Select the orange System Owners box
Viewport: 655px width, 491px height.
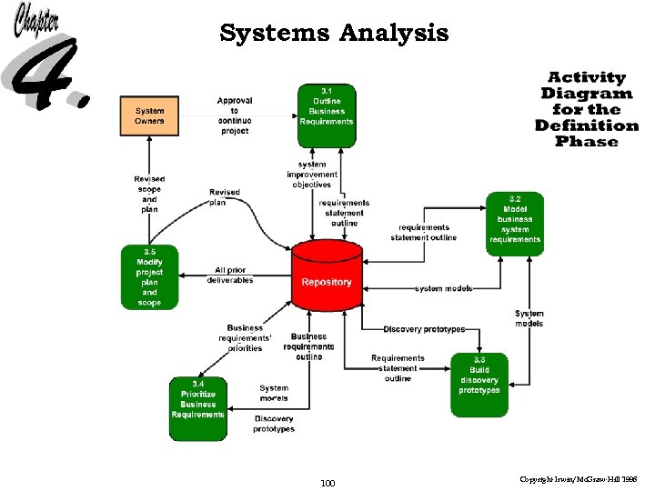pyautogui.click(x=150, y=115)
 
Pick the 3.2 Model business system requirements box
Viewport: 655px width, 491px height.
pyautogui.click(x=514, y=223)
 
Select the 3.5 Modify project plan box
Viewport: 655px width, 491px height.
pyautogui.click(x=149, y=276)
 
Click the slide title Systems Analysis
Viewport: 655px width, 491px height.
pyautogui.click(x=334, y=34)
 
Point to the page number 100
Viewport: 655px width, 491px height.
pyautogui.click(x=327, y=483)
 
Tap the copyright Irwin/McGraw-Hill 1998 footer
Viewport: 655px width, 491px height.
pyautogui.click(x=584, y=478)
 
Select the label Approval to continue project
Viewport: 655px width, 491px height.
pyautogui.click(x=235, y=115)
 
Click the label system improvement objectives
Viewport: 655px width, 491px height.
pyautogui.click(x=312, y=175)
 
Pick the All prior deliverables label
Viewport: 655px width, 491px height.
pyautogui.click(x=230, y=276)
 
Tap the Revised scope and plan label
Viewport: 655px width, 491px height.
pyautogui.click(x=149, y=195)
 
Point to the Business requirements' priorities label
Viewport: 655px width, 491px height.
pyautogui.click(x=245, y=337)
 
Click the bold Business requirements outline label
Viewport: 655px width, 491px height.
pyautogui.click(x=308, y=346)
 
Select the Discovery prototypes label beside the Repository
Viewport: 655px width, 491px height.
pyautogui.click(x=424, y=328)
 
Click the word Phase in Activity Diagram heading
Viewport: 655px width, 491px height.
pyautogui.click(x=587, y=142)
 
